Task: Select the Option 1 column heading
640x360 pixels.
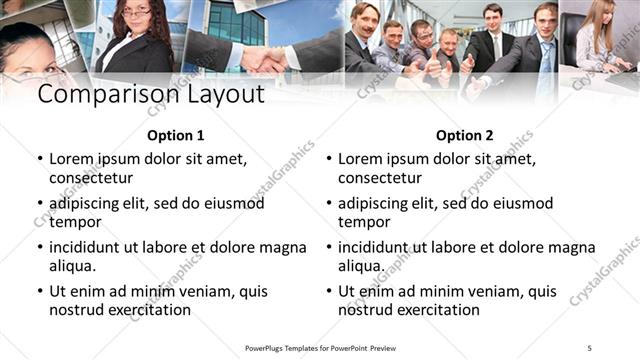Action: pyautogui.click(x=175, y=135)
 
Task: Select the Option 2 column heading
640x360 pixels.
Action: pyautogui.click(x=465, y=135)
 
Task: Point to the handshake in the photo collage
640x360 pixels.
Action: pyautogui.click(x=262, y=60)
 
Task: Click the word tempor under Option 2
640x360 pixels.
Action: pyautogui.click(x=364, y=222)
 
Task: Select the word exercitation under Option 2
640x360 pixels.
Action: pyautogui.click(x=435, y=310)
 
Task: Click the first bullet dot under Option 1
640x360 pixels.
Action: pyautogui.click(x=39, y=159)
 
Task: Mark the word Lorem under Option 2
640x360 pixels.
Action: pyautogui.click(x=360, y=158)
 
